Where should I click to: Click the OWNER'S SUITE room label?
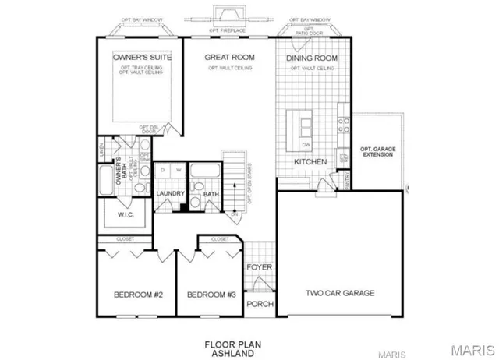coord(141,58)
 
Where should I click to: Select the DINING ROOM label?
coord(311,58)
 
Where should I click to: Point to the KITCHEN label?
coord(309,161)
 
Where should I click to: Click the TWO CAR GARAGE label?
coord(340,293)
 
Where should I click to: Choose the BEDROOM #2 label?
coord(138,295)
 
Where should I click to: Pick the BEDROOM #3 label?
coord(211,295)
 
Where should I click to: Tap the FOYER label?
coord(259,267)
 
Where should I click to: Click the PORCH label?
coord(259,304)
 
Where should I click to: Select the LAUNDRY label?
coord(169,193)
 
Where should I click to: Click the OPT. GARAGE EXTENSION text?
coord(377,152)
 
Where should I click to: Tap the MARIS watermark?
coord(472,348)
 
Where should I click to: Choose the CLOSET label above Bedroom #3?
coord(219,239)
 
